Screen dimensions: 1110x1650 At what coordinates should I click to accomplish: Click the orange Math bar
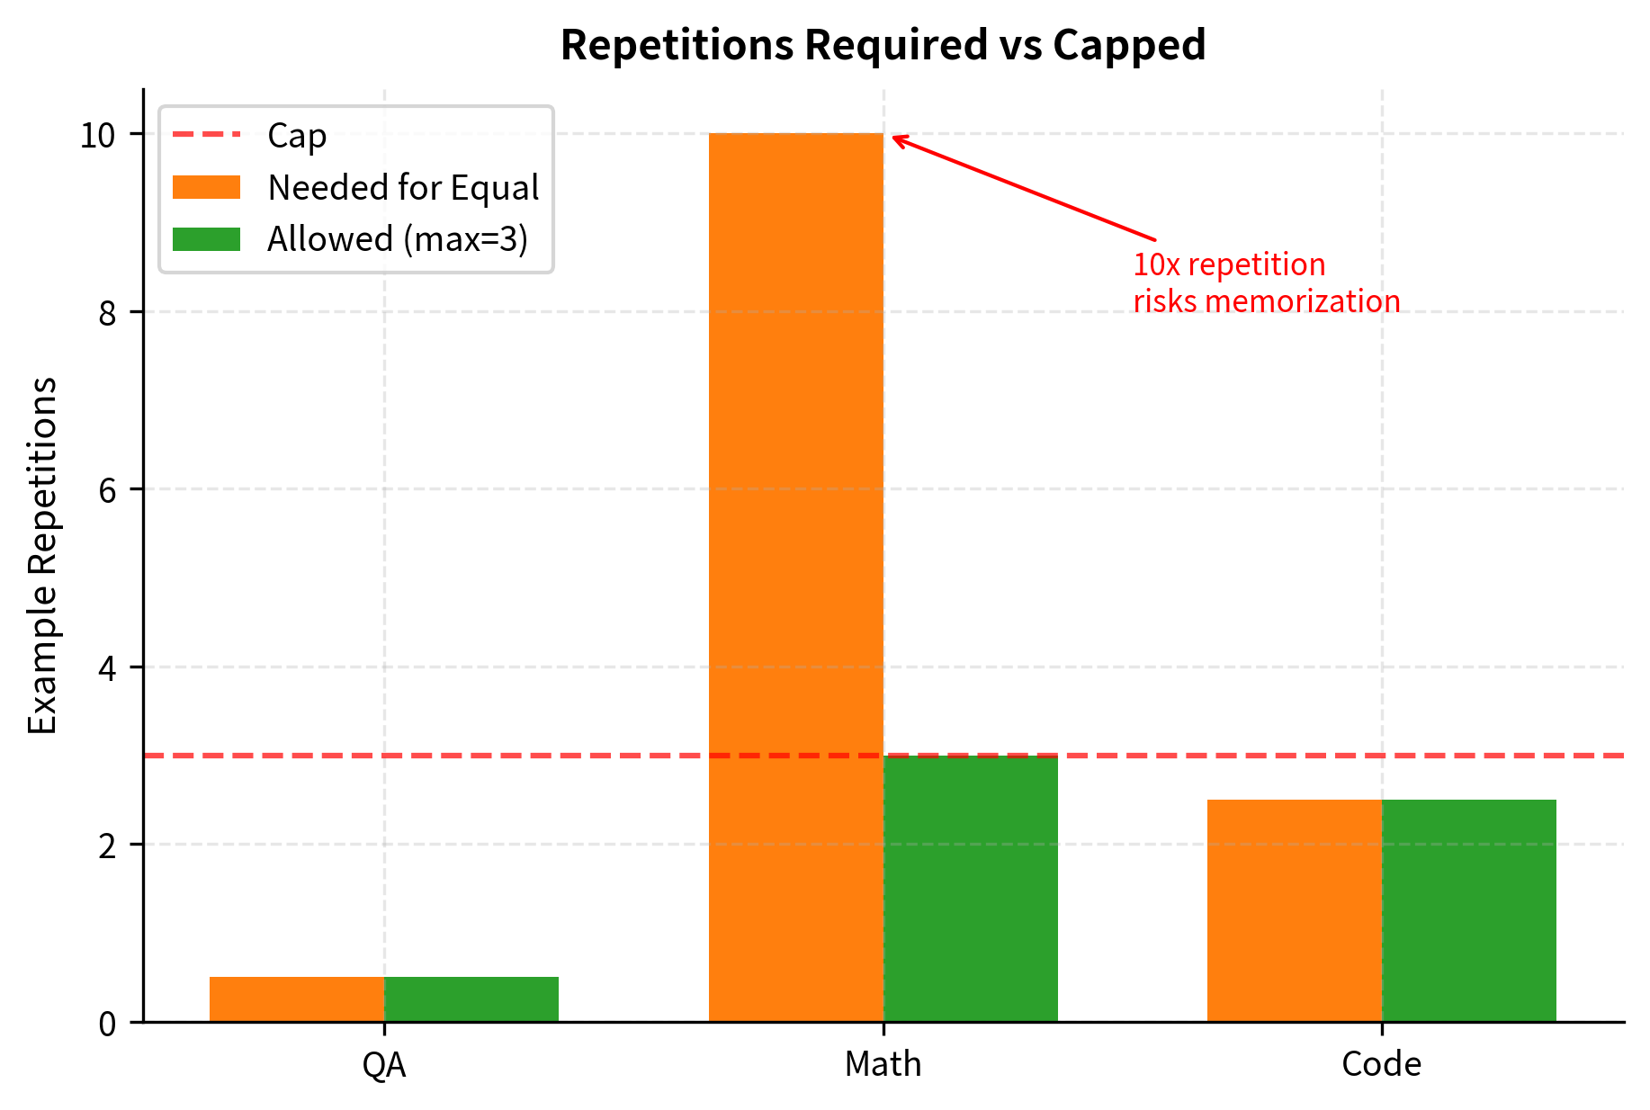click(x=795, y=576)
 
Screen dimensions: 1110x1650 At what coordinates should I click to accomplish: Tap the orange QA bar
click(x=297, y=998)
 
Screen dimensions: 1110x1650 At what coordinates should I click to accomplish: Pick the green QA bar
click(x=471, y=998)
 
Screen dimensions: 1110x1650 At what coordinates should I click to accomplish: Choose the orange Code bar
click(x=1294, y=909)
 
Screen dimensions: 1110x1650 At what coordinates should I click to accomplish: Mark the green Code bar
click(x=1468, y=909)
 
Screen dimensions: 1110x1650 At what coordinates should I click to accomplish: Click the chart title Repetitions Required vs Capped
click(x=883, y=45)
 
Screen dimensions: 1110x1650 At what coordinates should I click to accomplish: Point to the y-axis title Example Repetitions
click(x=43, y=555)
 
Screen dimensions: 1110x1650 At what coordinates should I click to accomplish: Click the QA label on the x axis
click(x=384, y=1065)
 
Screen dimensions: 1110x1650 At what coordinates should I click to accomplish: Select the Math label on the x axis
click(x=883, y=1065)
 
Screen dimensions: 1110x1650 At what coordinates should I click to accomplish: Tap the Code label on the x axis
click(x=1381, y=1065)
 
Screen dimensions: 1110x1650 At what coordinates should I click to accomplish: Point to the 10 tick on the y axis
click(x=98, y=135)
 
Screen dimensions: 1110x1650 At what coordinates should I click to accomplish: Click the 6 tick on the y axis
click(x=107, y=489)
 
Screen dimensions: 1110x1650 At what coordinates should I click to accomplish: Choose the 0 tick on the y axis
click(x=107, y=1023)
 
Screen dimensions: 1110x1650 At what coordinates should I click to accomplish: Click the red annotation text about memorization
click(x=1266, y=282)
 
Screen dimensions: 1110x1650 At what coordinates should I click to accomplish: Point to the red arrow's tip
click(x=893, y=137)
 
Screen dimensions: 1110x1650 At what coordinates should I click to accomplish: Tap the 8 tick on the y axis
click(x=107, y=312)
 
